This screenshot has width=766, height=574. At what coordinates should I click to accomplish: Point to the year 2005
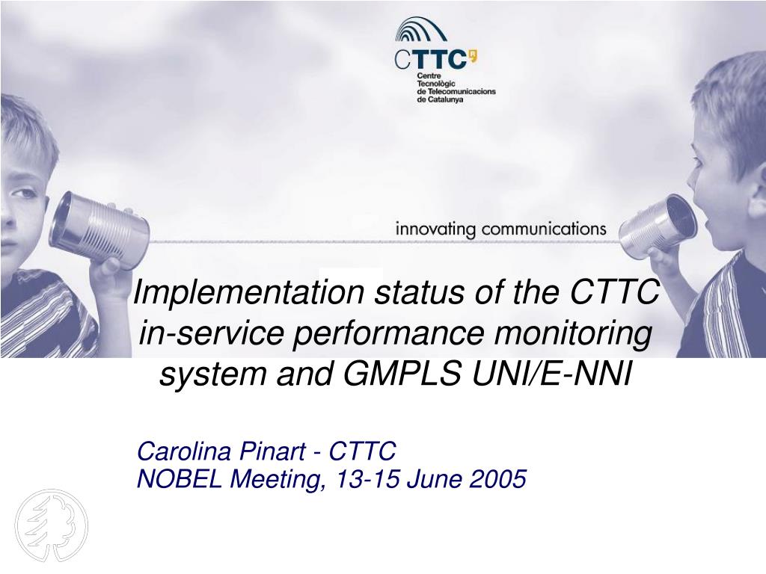497,479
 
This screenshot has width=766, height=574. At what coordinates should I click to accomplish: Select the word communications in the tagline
544,229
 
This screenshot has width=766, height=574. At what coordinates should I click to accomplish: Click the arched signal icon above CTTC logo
420,29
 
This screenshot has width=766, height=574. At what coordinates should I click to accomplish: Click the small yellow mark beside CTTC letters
473,57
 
